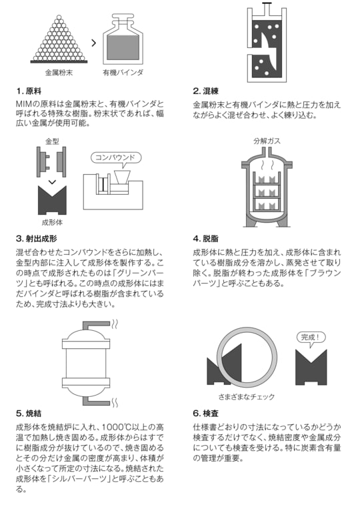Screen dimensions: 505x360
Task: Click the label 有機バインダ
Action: click(x=123, y=71)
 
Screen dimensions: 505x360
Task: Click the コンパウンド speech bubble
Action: click(x=115, y=158)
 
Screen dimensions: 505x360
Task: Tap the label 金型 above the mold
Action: click(x=52, y=141)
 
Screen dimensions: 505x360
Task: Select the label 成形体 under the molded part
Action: click(x=52, y=222)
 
